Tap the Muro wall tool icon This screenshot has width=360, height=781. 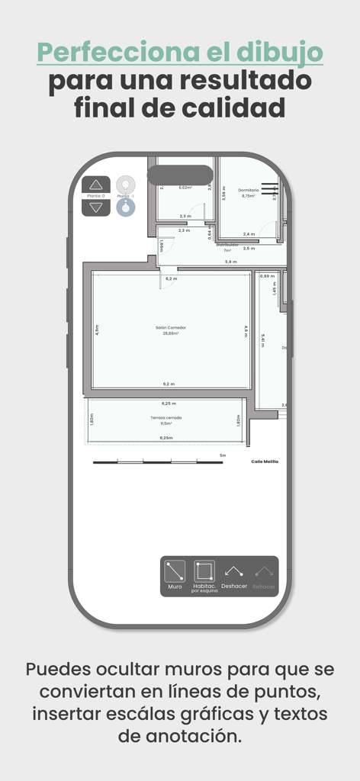pos(175,571)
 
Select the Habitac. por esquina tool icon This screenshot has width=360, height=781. pos(204,571)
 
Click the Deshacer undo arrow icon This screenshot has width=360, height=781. pos(234,571)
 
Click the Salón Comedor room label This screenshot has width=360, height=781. pos(171,327)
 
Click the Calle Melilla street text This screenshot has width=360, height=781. pos(265,461)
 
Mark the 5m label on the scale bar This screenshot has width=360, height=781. pos(223,455)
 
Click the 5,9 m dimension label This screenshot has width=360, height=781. pos(230,262)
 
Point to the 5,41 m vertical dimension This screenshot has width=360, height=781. pos(262,341)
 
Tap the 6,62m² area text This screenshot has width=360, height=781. pos(185,188)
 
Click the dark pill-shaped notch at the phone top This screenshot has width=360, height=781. pos(180,175)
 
